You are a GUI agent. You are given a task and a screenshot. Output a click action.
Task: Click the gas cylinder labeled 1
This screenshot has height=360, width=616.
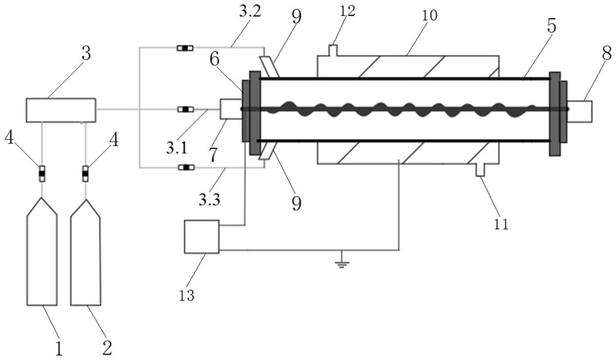[x=42, y=252]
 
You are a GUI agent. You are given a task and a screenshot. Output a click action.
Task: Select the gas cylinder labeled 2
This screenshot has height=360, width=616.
[x=86, y=252]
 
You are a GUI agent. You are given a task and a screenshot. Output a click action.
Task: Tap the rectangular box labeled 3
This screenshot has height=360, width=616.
[x=60, y=110]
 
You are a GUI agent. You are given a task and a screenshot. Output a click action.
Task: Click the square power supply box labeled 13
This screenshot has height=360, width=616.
[x=201, y=237]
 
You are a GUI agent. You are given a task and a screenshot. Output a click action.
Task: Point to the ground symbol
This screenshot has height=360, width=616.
[x=342, y=262]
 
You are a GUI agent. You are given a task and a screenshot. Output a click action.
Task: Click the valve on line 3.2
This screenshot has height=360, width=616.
[x=185, y=48]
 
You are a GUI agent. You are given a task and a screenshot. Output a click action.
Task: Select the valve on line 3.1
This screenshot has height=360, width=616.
[x=185, y=109]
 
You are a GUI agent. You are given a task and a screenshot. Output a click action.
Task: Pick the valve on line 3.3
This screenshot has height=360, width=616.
[x=185, y=168]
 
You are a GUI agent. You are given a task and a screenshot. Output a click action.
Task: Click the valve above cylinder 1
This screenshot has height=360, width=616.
[x=42, y=173]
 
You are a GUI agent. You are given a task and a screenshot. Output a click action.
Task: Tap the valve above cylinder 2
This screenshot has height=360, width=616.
[x=85, y=173]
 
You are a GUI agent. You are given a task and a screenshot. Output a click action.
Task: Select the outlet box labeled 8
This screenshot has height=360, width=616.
[x=580, y=111]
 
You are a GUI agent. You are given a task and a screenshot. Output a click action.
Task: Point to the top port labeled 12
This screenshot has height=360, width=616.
[x=333, y=51]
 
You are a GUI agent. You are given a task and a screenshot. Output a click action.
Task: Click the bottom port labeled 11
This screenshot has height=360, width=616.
[x=480, y=170]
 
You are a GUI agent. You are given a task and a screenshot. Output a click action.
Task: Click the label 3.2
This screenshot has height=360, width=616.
[x=250, y=11]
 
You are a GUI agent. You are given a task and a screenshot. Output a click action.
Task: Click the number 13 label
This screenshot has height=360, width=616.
[x=187, y=295]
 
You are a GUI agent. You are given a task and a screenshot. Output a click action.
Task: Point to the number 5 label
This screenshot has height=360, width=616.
[x=552, y=26]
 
